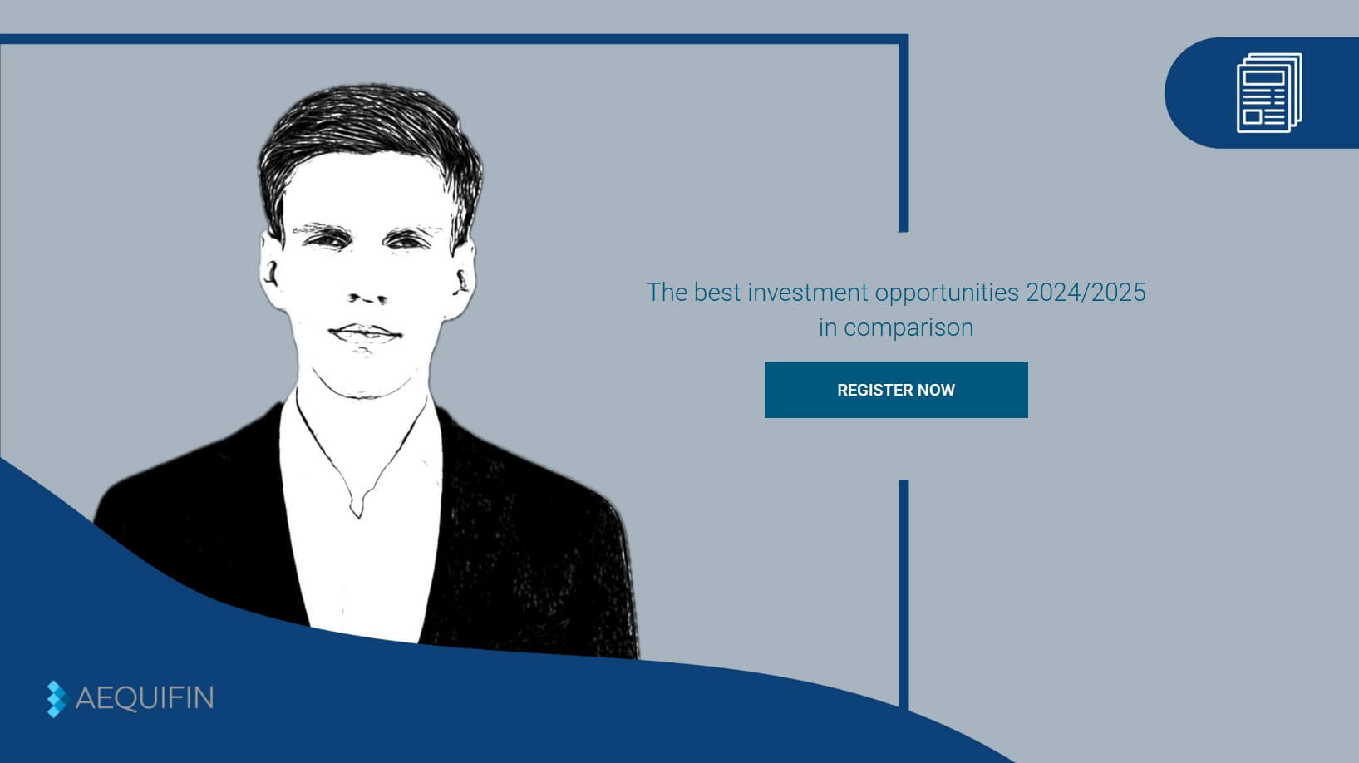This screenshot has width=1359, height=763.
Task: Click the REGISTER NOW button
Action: point(896,390)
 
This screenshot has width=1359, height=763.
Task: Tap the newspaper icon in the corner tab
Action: point(1268,92)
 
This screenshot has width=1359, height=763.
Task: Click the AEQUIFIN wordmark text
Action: point(145,698)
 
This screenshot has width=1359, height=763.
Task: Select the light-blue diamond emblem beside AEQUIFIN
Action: point(56,699)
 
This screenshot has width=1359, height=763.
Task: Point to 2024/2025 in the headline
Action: point(1086,293)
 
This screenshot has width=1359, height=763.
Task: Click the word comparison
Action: point(908,327)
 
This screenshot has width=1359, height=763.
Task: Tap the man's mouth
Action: point(365,334)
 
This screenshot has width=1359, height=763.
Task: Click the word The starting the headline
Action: point(666,293)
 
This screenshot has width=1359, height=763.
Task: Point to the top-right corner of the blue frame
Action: point(904,39)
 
